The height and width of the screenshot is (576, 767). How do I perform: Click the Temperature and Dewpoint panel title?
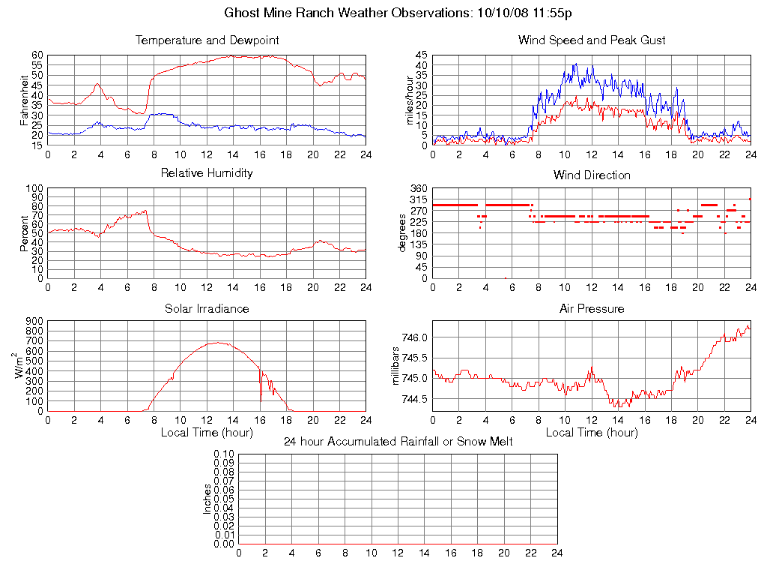click(207, 40)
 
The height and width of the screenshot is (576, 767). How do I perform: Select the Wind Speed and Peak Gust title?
click(592, 40)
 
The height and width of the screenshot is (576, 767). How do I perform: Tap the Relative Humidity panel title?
click(207, 173)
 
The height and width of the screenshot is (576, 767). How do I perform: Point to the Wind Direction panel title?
click(592, 175)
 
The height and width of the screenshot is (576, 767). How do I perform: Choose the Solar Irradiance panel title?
click(207, 308)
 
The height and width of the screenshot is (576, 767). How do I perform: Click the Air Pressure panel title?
click(592, 308)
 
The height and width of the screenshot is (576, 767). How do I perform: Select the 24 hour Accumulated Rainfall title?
click(398, 441)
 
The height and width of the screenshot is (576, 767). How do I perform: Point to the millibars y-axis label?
click(397, 367)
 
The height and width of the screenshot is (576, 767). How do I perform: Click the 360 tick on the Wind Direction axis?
click(418, 188)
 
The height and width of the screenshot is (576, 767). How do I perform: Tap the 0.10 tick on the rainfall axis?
click(224, 454)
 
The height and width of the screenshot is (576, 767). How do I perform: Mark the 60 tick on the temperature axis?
click(37, 55)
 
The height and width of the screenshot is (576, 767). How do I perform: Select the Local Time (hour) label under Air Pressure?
click(592, 432)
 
